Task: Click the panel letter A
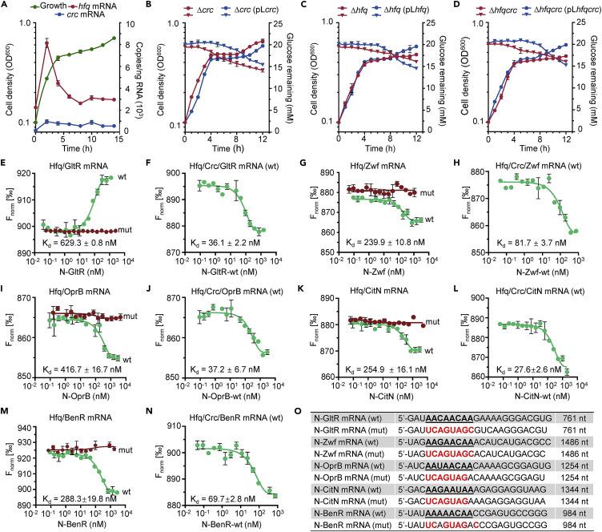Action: (x=6, y=6)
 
